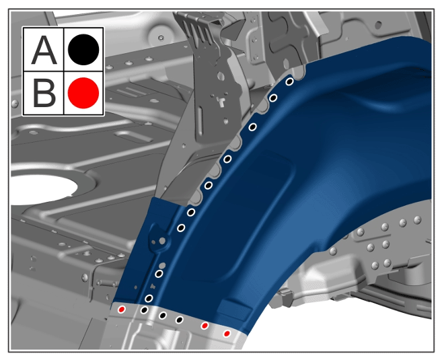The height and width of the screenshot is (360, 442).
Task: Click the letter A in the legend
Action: [44, 50]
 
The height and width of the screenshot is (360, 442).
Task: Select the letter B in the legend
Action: [44, 93]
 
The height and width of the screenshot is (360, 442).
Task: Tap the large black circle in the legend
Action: [83, 50]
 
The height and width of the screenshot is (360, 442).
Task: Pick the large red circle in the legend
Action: [83, 93]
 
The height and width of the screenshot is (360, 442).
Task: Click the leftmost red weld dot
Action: [122, 310]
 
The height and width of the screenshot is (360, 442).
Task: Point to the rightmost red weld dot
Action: [227, 334]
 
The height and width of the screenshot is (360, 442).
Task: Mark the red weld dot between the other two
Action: [205, 326]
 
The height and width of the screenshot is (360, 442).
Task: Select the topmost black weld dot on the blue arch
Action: [289, 81]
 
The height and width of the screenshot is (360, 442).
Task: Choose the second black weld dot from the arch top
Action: [273, 98]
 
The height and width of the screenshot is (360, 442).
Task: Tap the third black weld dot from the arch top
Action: [253, 127]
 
